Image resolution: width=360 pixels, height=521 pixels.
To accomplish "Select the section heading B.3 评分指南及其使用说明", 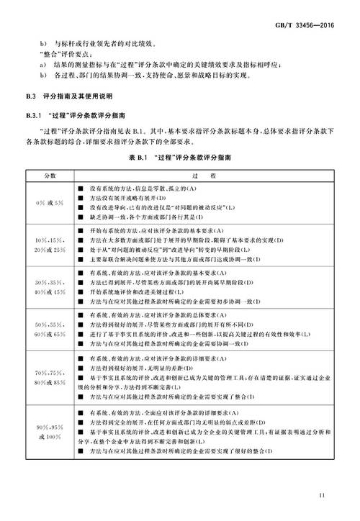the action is tap(75, 96).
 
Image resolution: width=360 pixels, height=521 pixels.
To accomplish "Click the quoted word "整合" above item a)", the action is tap(55, 52).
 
